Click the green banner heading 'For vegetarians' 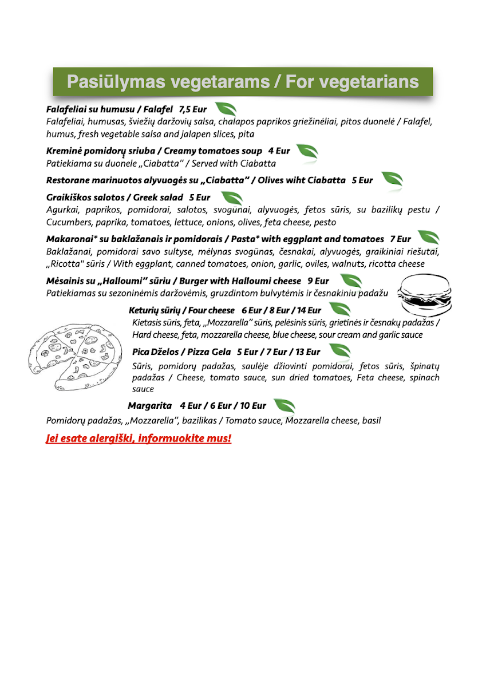243,82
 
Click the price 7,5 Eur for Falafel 193,109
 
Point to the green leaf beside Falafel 224,109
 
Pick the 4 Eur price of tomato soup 279,151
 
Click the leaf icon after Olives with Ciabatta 392,179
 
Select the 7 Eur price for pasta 400,239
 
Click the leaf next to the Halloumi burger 350,280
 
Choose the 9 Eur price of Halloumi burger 318,281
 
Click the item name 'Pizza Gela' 206,352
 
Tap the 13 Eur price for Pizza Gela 309,352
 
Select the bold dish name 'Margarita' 150,405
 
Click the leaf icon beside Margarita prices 285,406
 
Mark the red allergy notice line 139,439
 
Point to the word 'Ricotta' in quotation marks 66,264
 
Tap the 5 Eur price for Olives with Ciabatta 362,180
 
